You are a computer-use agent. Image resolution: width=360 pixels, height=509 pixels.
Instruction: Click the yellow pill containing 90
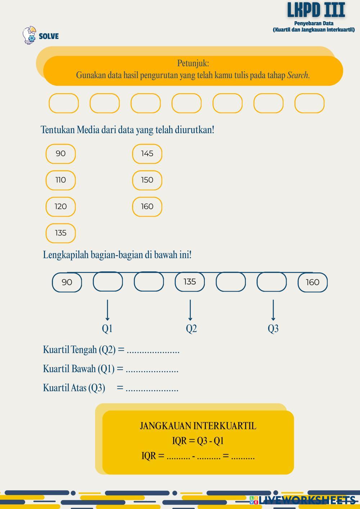(60, 154)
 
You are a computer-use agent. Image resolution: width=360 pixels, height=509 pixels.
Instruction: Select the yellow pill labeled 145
(147, 154)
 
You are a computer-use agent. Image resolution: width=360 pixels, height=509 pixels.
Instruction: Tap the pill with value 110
(60, 180)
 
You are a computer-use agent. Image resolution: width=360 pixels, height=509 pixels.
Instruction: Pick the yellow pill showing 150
(147, 180)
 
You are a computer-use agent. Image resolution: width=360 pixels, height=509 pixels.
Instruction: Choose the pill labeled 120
(60, 207)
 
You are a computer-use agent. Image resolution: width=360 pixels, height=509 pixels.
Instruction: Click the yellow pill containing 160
(147, 207)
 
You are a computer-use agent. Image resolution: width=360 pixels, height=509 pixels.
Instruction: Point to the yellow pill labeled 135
(60, 233)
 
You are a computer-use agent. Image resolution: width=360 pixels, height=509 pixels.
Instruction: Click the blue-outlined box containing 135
(190, 281)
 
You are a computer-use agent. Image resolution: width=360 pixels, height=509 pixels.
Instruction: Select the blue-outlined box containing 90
(67, 282)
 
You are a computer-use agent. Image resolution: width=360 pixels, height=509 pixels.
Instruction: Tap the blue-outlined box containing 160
(312, 282)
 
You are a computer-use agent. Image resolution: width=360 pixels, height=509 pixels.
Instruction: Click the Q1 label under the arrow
(107, 328)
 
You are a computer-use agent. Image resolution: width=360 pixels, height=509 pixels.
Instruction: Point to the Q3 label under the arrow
(273, 328)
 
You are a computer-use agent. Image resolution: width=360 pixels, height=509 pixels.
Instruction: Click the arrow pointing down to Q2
(190, 310)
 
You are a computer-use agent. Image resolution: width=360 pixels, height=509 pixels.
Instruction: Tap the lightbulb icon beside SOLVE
(29, 35)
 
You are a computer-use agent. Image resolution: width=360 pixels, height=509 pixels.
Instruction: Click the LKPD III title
(316, 10)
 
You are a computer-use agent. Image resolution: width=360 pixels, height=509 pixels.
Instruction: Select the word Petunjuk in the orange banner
(193, 63)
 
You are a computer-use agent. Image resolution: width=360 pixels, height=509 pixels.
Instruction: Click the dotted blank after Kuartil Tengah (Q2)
(153, 351)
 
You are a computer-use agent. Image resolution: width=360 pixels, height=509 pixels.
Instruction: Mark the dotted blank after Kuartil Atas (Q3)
(152, 389)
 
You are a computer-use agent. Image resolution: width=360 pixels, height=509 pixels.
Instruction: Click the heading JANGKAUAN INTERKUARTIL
(198, 426)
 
